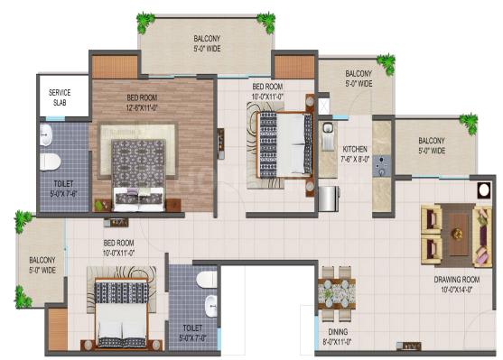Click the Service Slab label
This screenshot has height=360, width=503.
pyautogui.click(x=60, y=97)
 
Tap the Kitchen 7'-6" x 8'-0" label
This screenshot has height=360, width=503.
pyautogui.click(x=355, y=154)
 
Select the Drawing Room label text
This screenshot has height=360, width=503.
pyautogui.click(x=457, y=280)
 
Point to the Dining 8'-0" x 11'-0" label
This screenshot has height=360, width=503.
pyautogui.click(x=338, y=337)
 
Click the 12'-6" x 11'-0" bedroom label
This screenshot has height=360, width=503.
pyautogui.click(x=142, y=103)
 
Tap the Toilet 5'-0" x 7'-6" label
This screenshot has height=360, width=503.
pyautogui.click(x=64, y=189)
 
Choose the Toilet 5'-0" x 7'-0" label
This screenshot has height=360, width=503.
pyautogui.click(x=192, y=333)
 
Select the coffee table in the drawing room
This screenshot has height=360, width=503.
pyautogui.click(x=458, y=235)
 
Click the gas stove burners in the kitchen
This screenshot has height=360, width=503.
pyautogui.click(x=382, y=166)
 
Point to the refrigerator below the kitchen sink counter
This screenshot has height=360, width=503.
pyautogui.click(x=329, y=198)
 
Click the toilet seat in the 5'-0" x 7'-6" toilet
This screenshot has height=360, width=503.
pyautogui.click(x=50, y=162)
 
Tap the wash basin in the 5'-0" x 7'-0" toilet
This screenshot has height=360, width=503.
pyautogui.click(x=211, y=306)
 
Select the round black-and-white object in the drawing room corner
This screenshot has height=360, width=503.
pyautogui.click(x=484, y=190)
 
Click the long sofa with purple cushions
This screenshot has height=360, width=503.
pyautogui.click(x=482, y=236)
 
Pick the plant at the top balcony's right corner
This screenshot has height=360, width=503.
pyautogui.click(x=266, y=23)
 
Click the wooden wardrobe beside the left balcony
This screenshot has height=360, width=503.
pyautogui.click(x=58, y=329)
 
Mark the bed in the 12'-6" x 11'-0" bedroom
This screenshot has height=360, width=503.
pyautogui.click(x=138, y=175)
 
